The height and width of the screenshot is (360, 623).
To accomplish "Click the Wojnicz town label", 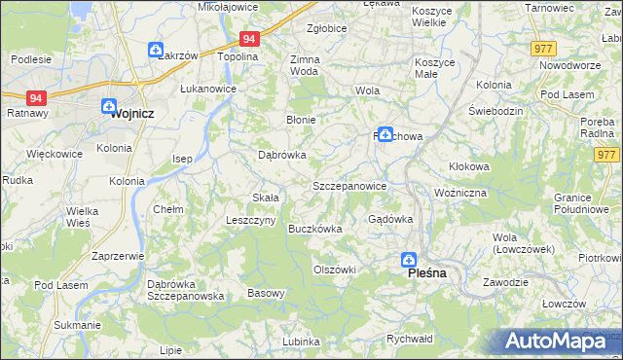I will tap(115, 112).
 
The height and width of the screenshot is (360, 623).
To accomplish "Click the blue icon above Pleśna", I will tap(410, 260).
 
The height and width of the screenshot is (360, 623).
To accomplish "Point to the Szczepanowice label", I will tap(350, 185).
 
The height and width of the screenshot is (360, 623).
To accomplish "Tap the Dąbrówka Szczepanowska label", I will tap(186, 290).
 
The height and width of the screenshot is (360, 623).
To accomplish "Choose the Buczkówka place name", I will tap(315, 229).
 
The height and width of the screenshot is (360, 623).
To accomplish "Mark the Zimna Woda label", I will tap(305, 65).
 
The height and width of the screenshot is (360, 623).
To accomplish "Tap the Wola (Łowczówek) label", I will tap(524, 243).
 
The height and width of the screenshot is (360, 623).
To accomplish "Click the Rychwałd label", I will tap(409, 339).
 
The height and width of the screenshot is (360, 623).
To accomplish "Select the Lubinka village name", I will tap(302, 342).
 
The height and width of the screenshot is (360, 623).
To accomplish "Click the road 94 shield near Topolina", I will tap(249, 39).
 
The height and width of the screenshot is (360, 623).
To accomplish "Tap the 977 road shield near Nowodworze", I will tap(544, 48).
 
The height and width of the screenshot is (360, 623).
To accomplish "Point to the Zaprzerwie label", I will tap(117, 256).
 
